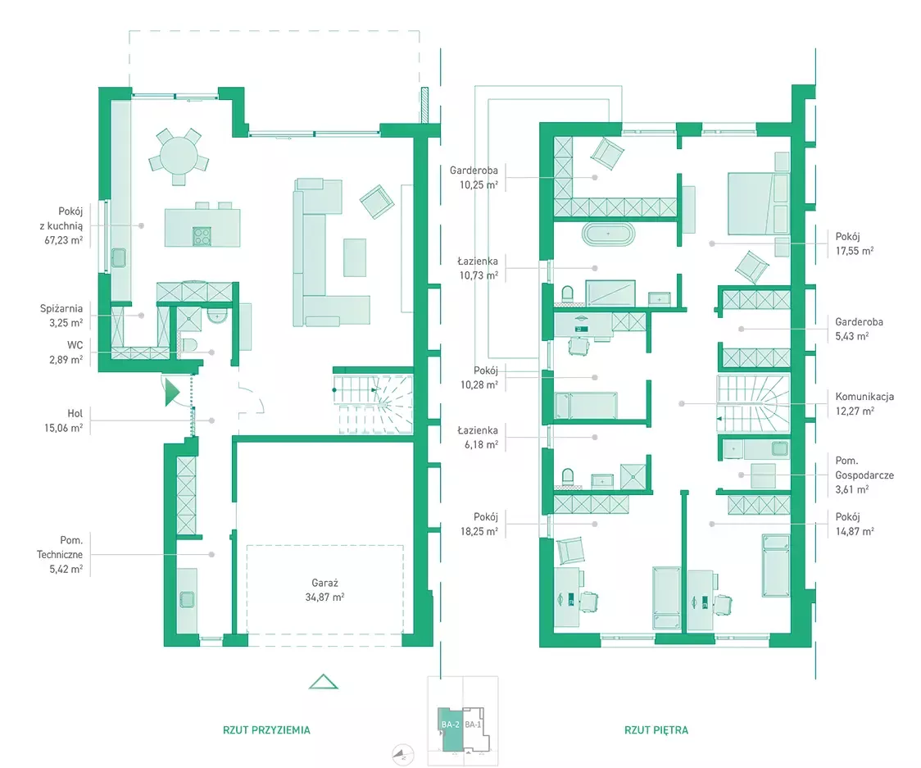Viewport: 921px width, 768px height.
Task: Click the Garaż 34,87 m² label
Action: coord(324,590)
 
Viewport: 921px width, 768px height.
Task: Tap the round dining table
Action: coord(179,156)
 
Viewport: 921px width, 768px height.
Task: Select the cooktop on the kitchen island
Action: coord(202,235)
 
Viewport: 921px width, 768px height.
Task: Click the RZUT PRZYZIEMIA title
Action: coord(266,729)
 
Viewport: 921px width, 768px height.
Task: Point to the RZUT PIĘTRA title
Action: coord(656,729)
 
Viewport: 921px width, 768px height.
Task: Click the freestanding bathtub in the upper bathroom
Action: coord(608,234)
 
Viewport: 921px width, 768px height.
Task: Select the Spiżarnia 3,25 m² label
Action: coord(61,316)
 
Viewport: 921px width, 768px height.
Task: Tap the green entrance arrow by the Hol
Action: coord(171,392)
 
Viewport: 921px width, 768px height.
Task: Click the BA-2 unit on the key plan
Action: coord(451,729)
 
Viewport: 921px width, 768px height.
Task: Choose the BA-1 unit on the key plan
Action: coord(473,728)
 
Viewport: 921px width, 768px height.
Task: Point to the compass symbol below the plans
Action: coord(403,755)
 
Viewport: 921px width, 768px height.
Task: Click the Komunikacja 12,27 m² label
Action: coord(864,404)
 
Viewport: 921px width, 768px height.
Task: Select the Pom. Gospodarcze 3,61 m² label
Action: coord(864,475)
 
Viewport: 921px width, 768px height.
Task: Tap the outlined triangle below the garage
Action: coord(323,682)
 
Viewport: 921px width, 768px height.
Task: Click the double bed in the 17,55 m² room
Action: coord(758,202)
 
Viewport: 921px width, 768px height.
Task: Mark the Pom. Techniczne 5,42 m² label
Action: coord(60,554)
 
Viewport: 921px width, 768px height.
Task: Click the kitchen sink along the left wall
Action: coord(119,257)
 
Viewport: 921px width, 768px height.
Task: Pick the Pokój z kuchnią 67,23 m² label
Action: coord(63,225)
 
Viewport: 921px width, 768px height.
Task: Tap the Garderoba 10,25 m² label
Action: coord(474,178)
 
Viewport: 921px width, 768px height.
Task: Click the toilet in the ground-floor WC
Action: coord(189,345)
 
